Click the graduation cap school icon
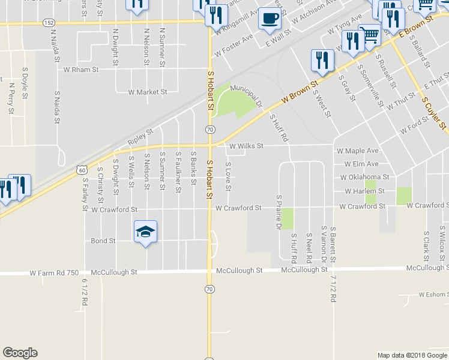[x=145, y=232]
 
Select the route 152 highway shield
[x=49, y=22]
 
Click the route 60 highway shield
[x=80, y=170]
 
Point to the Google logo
[x=20, y=353]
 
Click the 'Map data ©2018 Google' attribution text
[x=412, y=355]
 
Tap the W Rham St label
[x=81, y=70]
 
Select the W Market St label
[x=148, y=92]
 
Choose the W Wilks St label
[x=246, y=145]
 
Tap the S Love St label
[x=228, y=176]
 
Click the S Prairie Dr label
[x=279, y=212]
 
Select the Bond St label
[x=103, y=241]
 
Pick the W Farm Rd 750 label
[x=55, y=272]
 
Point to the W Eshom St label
[x=433, y=295]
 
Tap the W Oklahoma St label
[x=364, y=178]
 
